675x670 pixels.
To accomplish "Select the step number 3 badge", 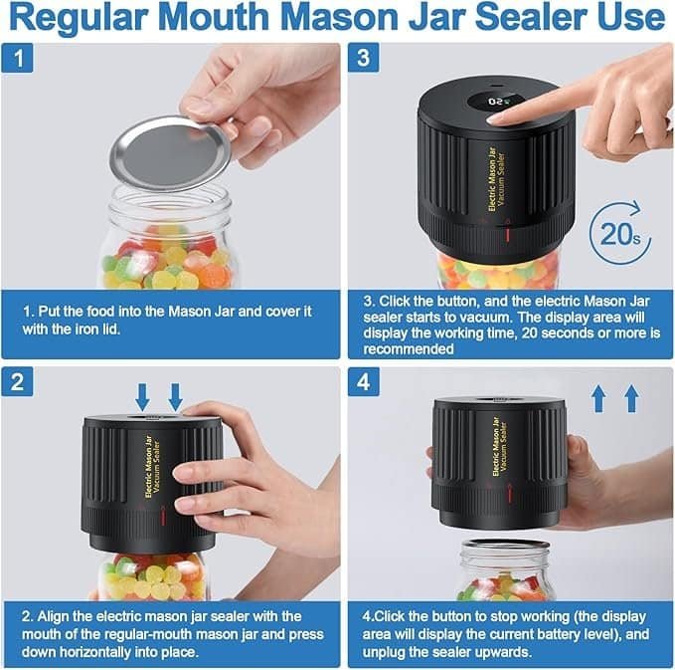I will (364, 59).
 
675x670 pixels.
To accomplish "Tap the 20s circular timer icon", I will (619, 234).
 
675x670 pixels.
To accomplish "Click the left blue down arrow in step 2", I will (142, 397).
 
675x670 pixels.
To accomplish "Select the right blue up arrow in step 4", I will (631, 398).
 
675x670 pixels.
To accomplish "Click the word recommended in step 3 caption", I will (405, 349).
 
